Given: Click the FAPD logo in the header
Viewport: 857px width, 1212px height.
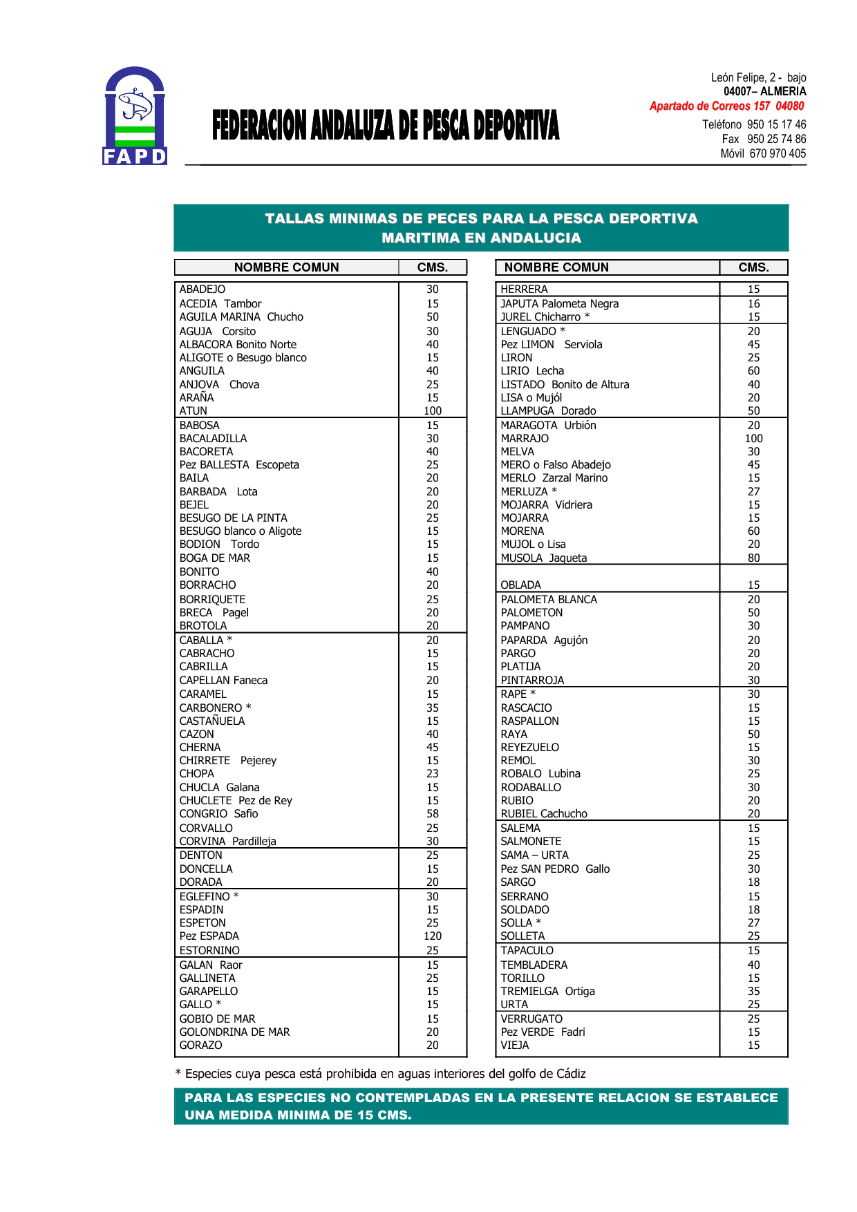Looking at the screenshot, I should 135,116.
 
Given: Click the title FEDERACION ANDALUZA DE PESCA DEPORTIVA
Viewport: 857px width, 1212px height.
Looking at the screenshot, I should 385,126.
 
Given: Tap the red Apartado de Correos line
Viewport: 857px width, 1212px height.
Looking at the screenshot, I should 726,106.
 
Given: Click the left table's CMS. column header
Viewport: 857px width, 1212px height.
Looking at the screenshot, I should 433,267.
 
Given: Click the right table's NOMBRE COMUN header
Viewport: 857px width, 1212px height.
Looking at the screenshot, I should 556,267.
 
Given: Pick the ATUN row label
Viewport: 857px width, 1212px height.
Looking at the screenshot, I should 194,411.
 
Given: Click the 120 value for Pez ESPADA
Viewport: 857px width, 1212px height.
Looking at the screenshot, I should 433,936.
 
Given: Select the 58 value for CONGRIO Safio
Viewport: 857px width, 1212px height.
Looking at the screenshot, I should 433,814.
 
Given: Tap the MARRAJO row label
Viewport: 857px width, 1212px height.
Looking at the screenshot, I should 525,439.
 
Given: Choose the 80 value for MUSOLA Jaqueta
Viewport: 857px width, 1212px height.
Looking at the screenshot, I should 753,558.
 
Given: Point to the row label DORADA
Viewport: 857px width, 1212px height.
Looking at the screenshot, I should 201,882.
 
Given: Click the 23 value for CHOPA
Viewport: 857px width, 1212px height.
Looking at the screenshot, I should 433,774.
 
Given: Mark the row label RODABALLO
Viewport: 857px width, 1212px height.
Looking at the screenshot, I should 531,788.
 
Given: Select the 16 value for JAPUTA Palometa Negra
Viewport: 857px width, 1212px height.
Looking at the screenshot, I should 753,304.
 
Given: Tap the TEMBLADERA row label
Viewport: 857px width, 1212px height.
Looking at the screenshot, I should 534,965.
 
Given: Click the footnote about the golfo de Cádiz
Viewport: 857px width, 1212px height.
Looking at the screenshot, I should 381,1074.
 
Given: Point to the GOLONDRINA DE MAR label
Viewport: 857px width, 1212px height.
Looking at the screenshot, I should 235,1032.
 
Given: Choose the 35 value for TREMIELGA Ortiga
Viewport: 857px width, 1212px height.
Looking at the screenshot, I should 753,992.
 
